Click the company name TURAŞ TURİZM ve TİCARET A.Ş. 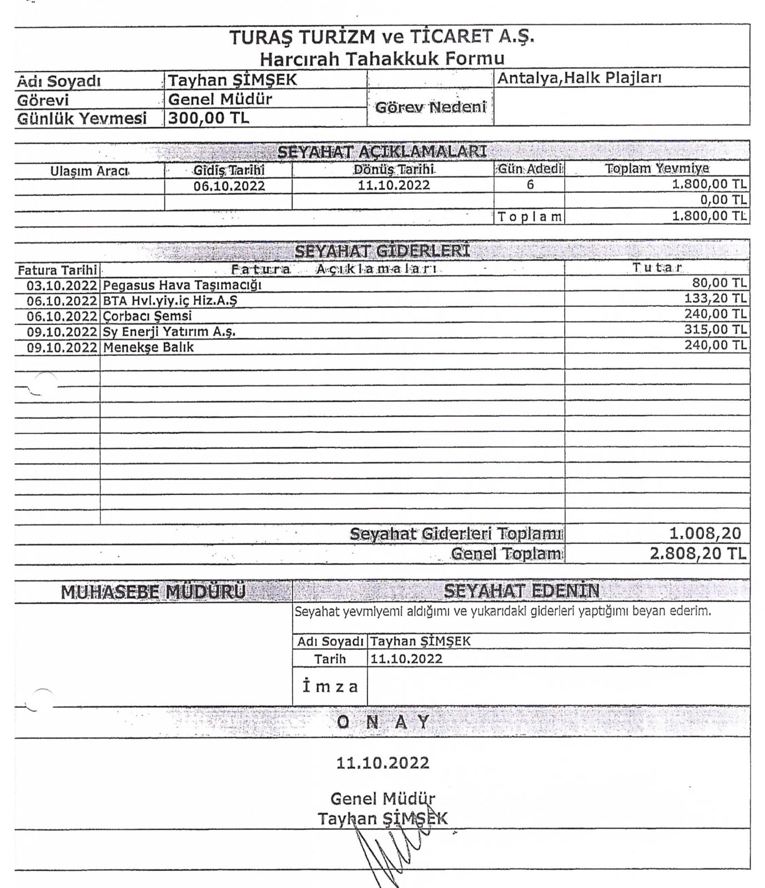click(382, 37)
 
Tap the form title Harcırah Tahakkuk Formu click(382, 58)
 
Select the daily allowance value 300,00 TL click(209, 118)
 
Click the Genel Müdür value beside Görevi click(220, 99)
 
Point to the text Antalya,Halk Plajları click(579, 78)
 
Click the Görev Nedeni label click(430, 107)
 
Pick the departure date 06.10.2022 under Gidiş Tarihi click(229, 186)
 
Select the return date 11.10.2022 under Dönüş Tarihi click(394, 185)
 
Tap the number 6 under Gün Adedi click(530, 185)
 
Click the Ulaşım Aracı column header click(89, 170)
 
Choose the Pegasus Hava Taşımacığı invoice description click(182, 285)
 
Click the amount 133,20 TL click(716, 299)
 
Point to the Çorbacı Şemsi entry click(147, 316)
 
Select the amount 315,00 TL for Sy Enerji click(716, 330)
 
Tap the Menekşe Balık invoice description click(148, 347)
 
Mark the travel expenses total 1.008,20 click(705, 533)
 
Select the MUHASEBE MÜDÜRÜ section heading click(153, 592)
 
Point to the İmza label click(330, 687)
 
